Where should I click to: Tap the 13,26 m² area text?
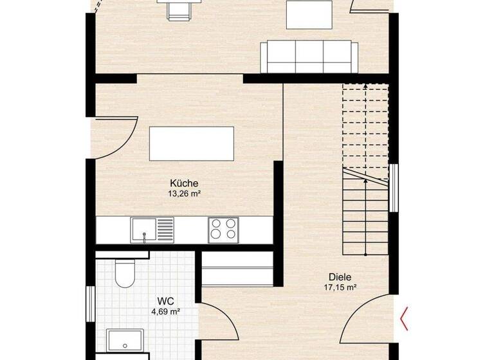[184, 193]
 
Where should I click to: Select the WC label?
[166, 301]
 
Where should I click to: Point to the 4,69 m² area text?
[162, 312]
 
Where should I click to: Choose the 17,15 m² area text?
[340, 288]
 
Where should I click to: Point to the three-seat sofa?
[309, 58]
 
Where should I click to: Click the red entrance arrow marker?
[405, 319]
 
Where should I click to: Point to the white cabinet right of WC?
[237, 268]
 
